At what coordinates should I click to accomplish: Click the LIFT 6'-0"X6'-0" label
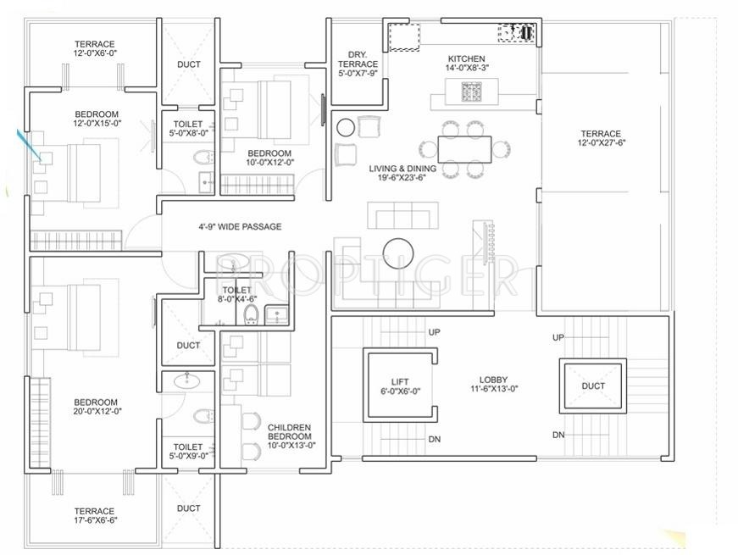click(x=400, y=386)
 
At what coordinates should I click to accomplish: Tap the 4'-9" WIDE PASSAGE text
click(x=240, y=227)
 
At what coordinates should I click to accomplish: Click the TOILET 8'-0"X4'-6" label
click(x=236, y=294)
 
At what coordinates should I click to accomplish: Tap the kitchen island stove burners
click(x=471, y=91)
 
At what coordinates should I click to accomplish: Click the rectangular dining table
click(x=463, y=149)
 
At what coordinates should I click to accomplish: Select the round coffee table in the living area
click(x=397, y=252)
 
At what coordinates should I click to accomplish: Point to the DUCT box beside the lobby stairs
click(x=593, y=386)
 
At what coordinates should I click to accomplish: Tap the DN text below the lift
click(x=434, y=440)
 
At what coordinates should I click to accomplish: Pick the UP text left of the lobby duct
click(x=558, y=337)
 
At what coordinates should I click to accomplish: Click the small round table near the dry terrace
click(x=346, y=128)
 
